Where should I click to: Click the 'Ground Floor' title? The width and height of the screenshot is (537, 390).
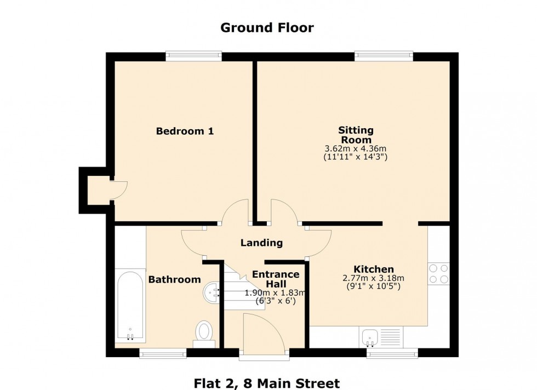pyautogui.click(x=267, y=27)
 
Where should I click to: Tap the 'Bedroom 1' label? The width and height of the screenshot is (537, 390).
pyautogui.click(x=185, y=131)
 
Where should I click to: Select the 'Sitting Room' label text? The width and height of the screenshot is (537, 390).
pyautogui.click(x=356, y=135)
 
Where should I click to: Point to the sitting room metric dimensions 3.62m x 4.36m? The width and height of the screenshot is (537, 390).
pyautogui.click(x=356, y=148)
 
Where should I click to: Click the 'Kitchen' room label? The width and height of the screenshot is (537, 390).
pyautogui.click(x=374, y=269)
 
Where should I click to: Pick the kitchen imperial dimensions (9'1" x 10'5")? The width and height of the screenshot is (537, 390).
pyautogui.click(x=374, y=286)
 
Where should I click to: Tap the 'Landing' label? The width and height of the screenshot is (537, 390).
pyautogui.click(x=262, y=243)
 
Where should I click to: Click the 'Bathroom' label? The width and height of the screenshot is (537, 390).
pyautogui.click(x=174, y=279)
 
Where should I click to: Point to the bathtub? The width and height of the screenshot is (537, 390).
pyautogui.click(x=130, y=305)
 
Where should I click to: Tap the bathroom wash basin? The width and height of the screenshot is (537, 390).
pyautogui.click(x=211, y=292)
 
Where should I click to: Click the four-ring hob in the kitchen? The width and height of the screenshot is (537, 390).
pyautogui.click(x=438, y=273)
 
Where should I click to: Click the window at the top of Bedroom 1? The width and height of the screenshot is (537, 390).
pyautogui.click(x=194, y=56)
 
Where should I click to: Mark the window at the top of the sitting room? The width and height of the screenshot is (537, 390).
pyautogui.click(x=384, y=56)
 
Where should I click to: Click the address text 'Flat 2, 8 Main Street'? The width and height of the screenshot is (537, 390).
pyautogui.click(x=267, y=383)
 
